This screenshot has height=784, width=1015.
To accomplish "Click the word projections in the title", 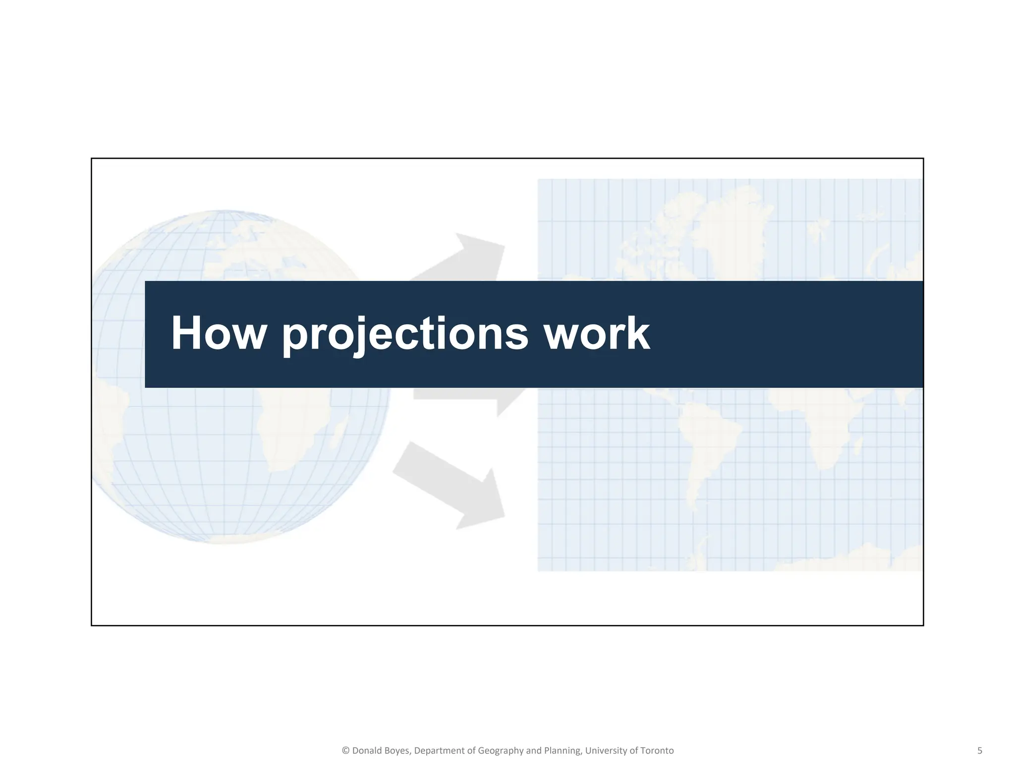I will pos(405,334).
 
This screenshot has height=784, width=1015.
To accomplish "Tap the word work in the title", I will pos(597,334).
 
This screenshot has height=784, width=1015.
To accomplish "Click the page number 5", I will pos(979,750).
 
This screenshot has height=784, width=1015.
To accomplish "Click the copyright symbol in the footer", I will pos(345,751).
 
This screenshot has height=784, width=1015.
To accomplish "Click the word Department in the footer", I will pos(439,751).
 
